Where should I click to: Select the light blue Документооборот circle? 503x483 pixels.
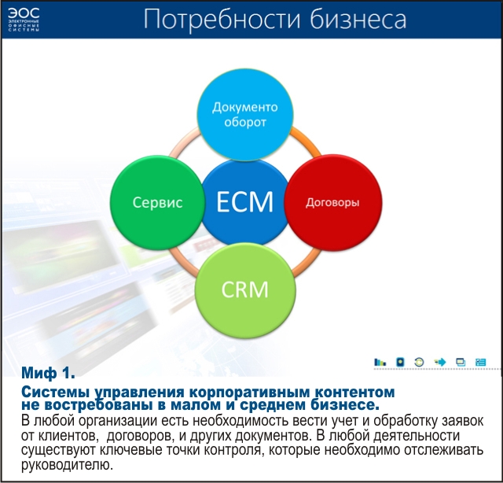245,114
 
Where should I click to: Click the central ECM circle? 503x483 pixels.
244,202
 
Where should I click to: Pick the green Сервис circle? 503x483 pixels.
156,202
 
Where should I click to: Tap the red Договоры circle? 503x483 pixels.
332,202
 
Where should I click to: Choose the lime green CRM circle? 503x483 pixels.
244,289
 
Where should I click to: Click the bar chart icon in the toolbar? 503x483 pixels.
380,362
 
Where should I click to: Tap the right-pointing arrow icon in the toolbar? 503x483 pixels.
440,362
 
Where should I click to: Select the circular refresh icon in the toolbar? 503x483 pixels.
420,362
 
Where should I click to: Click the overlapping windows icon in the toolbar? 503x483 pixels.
461,362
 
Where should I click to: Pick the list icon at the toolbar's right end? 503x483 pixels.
480,362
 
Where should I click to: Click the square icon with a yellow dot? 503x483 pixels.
400,362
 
